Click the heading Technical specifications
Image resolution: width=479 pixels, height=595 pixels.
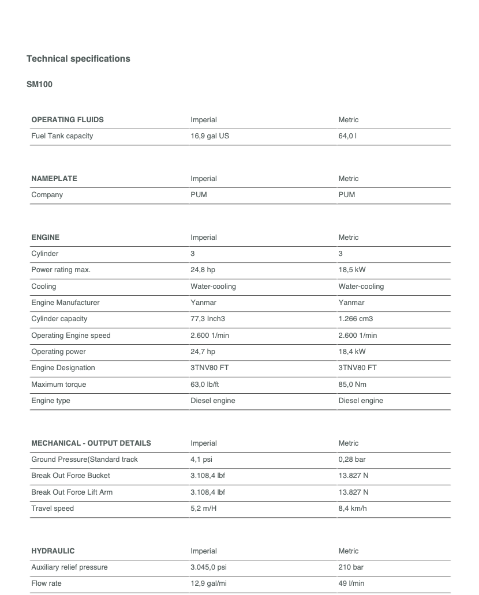click(78, 59)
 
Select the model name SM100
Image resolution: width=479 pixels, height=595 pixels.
click(40, 84)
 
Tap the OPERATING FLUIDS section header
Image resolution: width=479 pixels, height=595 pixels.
click(68, 120)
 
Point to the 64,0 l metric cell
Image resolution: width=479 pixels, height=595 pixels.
click(349, 136)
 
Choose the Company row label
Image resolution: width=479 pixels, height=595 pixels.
click(47, 195)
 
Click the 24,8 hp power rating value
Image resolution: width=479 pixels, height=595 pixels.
click(203, 270)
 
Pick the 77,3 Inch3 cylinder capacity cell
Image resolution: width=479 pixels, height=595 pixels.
click(211, 319)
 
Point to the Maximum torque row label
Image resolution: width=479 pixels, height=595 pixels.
click(59, 384)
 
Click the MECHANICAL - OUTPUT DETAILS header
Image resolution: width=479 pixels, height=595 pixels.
click(91, 443)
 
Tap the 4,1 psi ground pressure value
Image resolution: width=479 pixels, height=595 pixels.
click(201, 460)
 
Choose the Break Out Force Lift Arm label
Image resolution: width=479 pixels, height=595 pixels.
click(72, 492)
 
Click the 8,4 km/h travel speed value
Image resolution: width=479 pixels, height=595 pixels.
click(353, 509)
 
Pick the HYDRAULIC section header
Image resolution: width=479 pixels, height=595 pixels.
click(53, 551)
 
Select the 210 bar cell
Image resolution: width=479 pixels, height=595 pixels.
click(349, 567)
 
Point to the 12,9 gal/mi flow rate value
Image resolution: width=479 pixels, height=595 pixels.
click(208, 583)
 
